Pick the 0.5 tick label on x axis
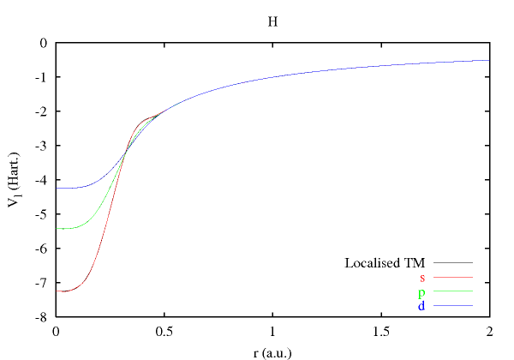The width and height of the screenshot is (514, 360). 164,331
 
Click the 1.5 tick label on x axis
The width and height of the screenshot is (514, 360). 380,331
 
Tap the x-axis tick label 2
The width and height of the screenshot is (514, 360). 489,331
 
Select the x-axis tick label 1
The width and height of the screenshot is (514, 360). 272,331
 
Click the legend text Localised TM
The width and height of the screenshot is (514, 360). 385,262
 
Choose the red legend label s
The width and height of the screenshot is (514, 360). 422,277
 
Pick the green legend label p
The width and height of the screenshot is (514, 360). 421,292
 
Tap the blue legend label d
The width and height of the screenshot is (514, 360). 421,306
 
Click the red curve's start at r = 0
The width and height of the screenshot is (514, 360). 57,291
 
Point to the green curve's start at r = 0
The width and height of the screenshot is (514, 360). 57,229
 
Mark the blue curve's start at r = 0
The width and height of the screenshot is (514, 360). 57,188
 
